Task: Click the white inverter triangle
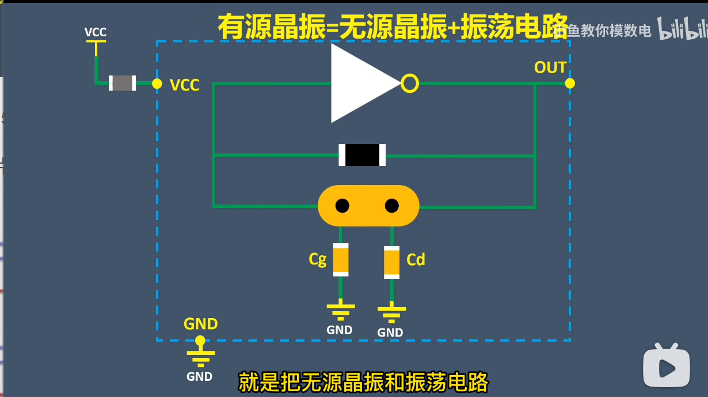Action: (x=360, y=84)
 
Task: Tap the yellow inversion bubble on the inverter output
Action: (x=410, y=84)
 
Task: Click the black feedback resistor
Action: (x=362, y=155)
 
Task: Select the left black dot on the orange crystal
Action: (x=342, y=206)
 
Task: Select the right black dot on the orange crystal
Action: (x=392, y=206)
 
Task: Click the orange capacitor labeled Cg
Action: (x=341, y=260)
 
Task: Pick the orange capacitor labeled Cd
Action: (x=392, y=262)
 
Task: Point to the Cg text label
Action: (x=318, y=260)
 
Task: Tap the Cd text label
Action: (x=416, y=260)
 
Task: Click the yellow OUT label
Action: (x=550, y=68)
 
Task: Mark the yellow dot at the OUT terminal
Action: (x=570, y=84)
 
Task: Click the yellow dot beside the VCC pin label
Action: (x=157, y=84)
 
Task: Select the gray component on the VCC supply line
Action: (x=123, y=83)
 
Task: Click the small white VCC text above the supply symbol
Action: (x=96, y=32)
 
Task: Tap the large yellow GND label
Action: (x=200, y=324)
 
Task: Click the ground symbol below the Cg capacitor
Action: (x=341, y=309)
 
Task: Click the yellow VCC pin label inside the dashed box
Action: (x=185, y=86)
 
